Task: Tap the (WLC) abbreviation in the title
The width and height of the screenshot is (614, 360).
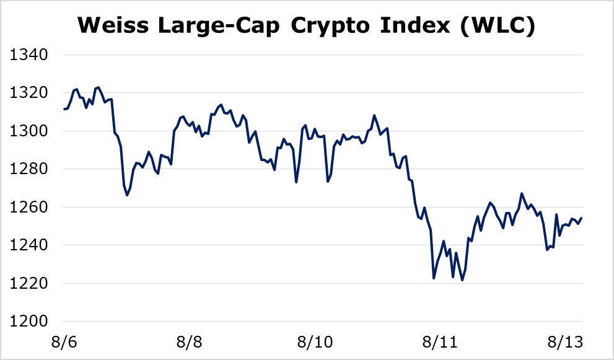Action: (495, 26)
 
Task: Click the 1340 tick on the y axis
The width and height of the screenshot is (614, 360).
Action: (30, 56)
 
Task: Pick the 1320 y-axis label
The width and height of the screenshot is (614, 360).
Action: (30, 94)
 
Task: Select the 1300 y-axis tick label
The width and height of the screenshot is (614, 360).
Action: (30, 131)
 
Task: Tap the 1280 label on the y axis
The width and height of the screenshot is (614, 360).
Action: (30, 169)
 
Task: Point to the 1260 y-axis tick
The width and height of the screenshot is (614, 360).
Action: (30, 208)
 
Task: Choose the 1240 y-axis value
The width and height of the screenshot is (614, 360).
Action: (30, 245)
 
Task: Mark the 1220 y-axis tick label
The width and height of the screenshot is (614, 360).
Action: (30, 283)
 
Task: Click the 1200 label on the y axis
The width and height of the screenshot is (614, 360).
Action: (30, 322)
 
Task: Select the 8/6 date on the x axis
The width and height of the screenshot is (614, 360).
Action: (64, 342)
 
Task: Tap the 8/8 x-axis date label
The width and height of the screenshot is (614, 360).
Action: (190, 342)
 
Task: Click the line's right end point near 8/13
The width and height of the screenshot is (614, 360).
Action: (582, 218)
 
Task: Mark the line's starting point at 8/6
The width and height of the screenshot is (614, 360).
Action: (64, 109)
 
